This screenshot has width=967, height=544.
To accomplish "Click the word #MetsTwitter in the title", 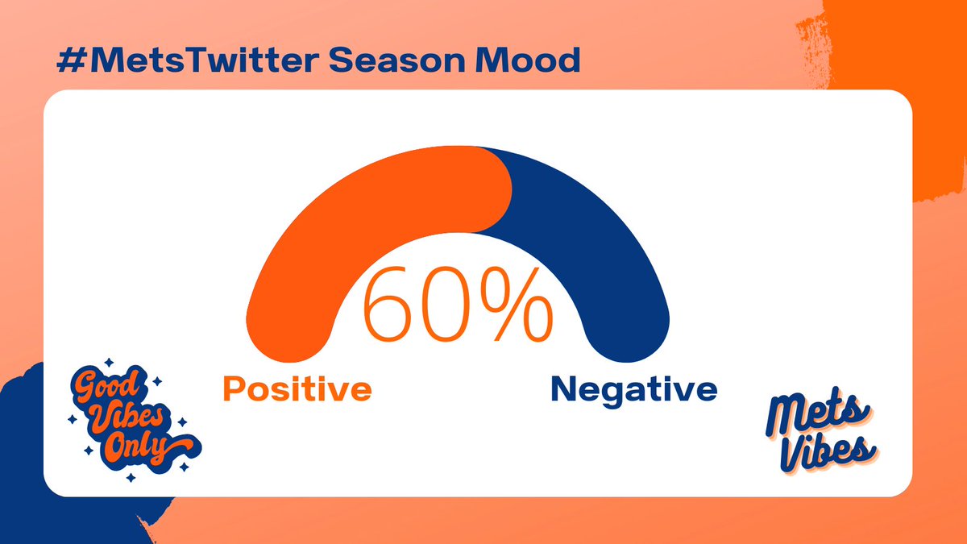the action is click(x=188, y=60).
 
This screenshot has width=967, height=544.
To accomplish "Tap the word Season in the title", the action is click(x=397, y=60).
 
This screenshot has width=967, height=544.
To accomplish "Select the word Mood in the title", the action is click(x=528, y=60).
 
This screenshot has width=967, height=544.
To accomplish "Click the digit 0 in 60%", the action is click(x=445, y=304).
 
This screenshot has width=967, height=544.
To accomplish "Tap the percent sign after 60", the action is click(x=517, y=304).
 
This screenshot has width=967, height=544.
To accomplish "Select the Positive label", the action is click(x=297, y=388).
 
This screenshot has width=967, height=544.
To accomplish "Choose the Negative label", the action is click(x=634, y=391).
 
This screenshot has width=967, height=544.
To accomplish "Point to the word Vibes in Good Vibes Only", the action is click(x=128, y=419).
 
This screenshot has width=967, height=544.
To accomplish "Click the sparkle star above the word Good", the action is click(x=109, y=362).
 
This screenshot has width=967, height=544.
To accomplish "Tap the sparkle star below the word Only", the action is click(x=131, y=477).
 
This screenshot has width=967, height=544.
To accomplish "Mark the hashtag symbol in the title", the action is click(x=72, y=60).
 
